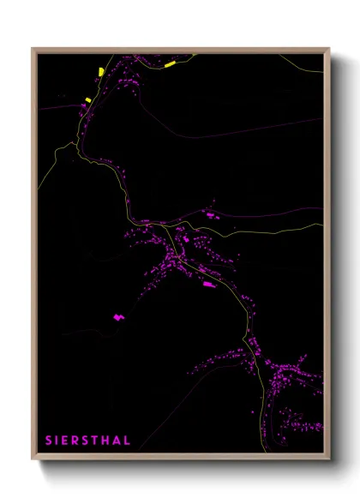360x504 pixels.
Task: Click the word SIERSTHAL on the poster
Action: point(88,441)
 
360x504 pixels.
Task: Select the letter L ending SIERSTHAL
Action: point(128,441)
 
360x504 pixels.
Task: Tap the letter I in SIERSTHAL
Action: point(57,441)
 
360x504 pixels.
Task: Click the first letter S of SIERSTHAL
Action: point(49,441)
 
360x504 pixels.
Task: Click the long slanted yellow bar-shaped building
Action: point(170,63)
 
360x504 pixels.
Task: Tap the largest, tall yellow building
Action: point(101,71)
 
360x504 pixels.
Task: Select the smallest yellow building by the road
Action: point(88,100)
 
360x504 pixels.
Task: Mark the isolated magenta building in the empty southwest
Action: point(118,316)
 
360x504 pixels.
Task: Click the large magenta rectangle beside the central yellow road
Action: point(207,284)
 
